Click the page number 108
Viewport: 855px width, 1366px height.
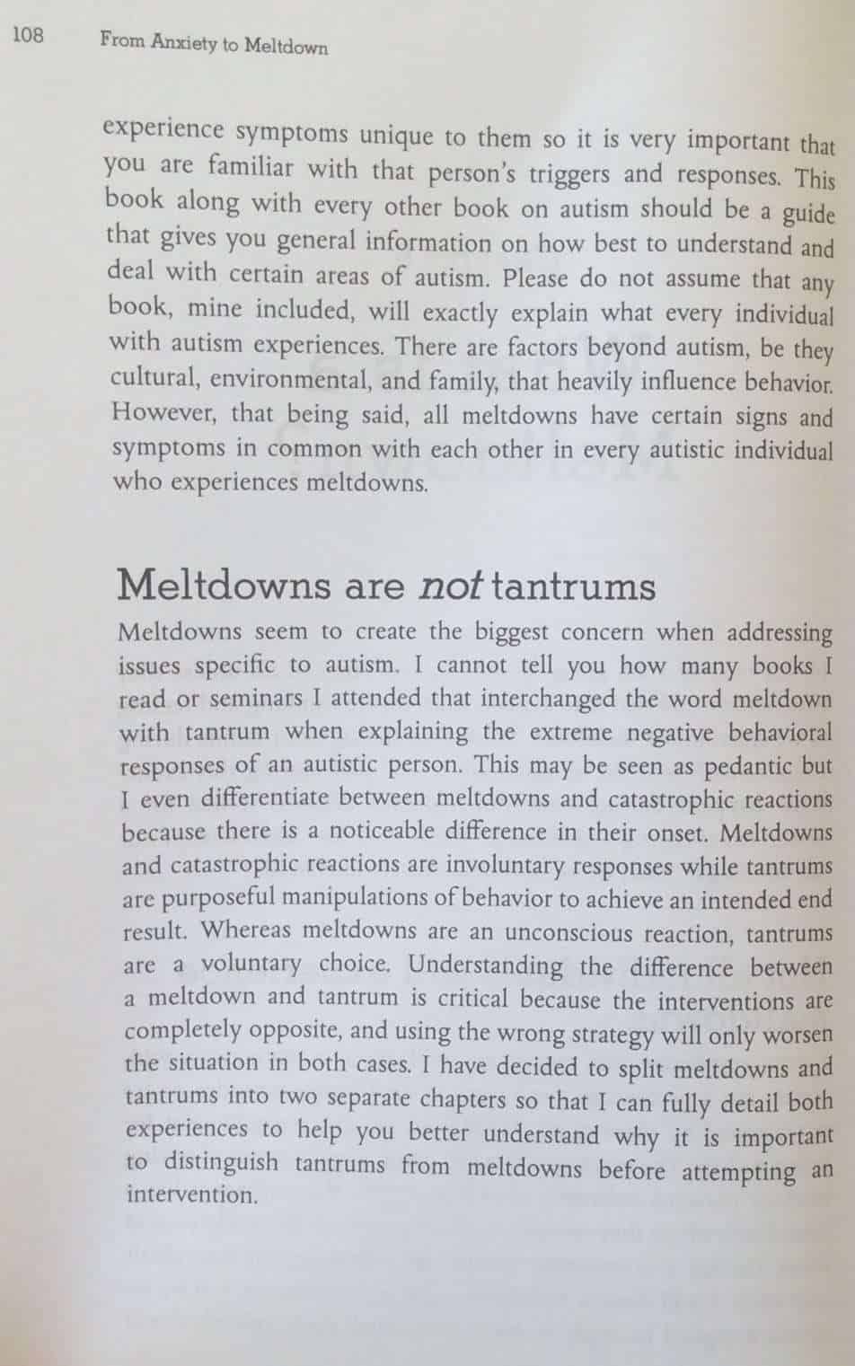point(28,36)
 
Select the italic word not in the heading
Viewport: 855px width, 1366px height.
point(452,586)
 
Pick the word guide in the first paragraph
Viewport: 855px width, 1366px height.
point(808,214)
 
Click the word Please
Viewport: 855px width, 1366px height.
point(535,278)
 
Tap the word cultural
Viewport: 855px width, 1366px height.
point(154,378)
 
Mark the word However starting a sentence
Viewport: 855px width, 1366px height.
point(165,413)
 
